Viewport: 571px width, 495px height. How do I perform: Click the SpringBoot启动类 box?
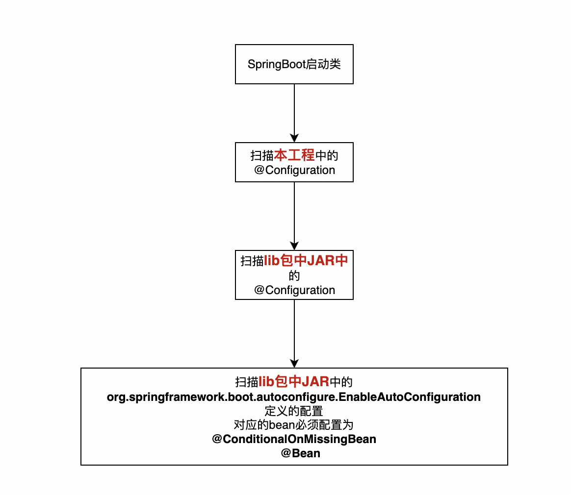point(294,64)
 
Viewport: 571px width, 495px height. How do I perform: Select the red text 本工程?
point(294,155)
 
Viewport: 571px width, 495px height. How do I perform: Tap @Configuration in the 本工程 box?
point(294,170)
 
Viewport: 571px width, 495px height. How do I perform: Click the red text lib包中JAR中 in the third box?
point(306,260)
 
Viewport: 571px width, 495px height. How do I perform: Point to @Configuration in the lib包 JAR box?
point(294,290)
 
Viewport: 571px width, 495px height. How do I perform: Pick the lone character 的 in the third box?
point(294,275)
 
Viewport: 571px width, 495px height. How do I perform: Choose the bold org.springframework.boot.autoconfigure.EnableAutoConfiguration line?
point(294,396)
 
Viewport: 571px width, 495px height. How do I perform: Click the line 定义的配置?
point(294,411)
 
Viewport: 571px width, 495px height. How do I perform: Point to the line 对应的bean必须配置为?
point(294,424)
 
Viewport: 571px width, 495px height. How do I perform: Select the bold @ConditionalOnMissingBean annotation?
point(294,439)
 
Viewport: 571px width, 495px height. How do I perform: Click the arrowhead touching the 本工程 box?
point(294,138)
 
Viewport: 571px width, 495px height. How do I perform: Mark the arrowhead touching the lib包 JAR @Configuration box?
point(294,246)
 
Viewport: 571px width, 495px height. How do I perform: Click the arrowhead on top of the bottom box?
point(294,363)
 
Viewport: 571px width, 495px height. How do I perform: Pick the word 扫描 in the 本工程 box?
point(261,156)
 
